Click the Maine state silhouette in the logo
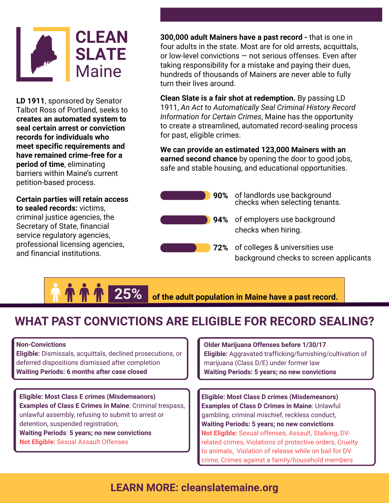click(43, 54)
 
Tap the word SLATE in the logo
click(101, 54)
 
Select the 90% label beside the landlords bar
click(220, 196)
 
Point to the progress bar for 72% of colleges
click(185, 248)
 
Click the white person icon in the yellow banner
click(55, 293)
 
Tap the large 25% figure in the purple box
click(128, 294)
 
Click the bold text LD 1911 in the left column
click(30, 101)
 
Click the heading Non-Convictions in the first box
click(41, 344)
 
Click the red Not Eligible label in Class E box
click(37, 442)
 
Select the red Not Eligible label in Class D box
click(219, 433)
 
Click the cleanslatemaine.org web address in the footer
click(230, 487)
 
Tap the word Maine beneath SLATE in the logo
click(98, 71)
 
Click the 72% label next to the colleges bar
click(220, 248)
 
